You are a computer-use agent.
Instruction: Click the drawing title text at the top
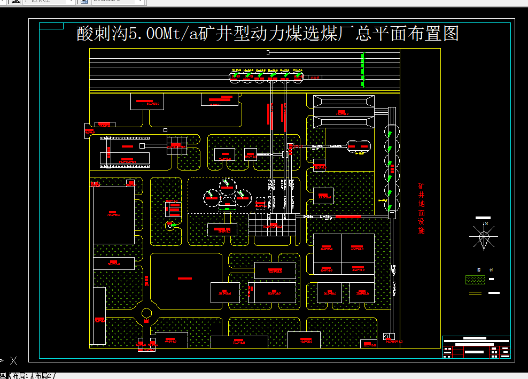(x=268, y=34)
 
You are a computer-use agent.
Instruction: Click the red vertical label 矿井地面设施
(x=421, y=209)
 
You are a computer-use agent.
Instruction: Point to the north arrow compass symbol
(x=484, y=236)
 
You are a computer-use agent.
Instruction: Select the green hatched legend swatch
(x=476, y=280)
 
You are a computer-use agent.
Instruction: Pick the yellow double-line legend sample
(x=475, y=293)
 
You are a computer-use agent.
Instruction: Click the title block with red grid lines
(x=476, y=347)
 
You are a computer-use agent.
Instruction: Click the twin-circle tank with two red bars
(x=358, y=146)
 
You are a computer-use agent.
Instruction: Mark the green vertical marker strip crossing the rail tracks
(x=363, y=70)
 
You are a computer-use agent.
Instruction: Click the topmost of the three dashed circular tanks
(x=228, y=185)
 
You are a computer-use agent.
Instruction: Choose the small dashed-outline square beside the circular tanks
(x=260, y=203)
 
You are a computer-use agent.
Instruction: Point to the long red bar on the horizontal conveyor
(x=348, y=216)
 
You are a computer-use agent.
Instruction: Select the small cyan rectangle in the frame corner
(x=52, y=26)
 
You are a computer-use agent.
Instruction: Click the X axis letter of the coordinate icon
(x=14, y=361)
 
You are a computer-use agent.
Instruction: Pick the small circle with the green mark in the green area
(x=171, y=226)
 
